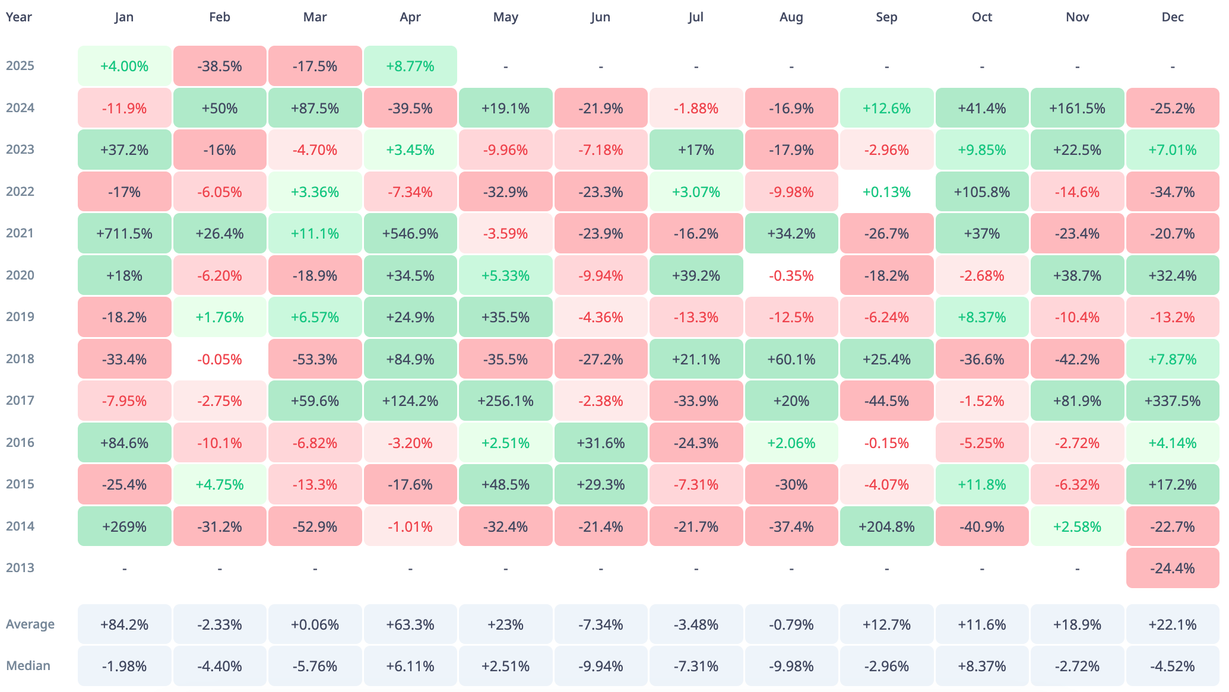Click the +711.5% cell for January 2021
pyautogui.click(x=124, y=234)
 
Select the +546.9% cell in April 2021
pyautogui.click(x=410, y=234)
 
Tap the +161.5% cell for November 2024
pyautogui.click(x=1077, y=108)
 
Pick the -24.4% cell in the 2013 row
pyautogui.click(x=1173, y=569)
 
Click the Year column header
pyautogui.click(x=19, y=17)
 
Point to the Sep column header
pyautogui.click(x=886, y=17)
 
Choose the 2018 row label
pyautogui.click(x=20, y=359)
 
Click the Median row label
pyautogui.click(x=28, y=666)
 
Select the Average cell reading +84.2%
pyautogui.click(x=124, y=624)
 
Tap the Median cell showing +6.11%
pyautogui.click(x=410, y=666)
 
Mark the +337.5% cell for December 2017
pyautogui.click(x=1173, y=401)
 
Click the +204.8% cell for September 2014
pyautogui.click(x=886, y=526)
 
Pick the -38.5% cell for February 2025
pyautogui.click(x=220, y=66)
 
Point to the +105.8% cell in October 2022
pyautogui.click(x=982, y=192)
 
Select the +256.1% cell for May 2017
pyautogui.click(x=505, y=401)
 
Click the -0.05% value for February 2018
pyautogui.click(x=220, y=359)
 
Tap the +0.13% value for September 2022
pyautogui.click(x=886, y=192)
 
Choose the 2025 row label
pyautogui.click(x=20, y=66)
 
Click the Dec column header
pyautogui.click(x=1173, y=17)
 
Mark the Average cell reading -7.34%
pyautogui.click(x=601, y=624)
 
